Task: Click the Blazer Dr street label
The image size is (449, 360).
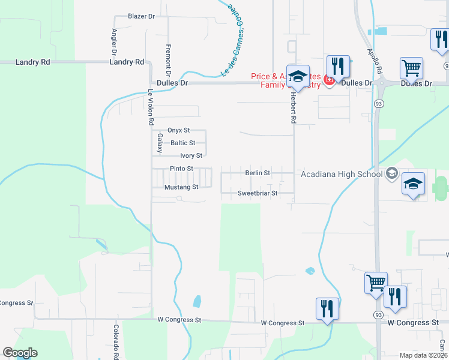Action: (142, 16)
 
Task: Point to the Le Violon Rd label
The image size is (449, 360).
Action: (151, 107)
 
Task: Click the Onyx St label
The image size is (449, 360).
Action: (178, 130)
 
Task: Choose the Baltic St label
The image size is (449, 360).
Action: (182, 143)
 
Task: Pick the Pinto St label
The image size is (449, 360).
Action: (181, 169)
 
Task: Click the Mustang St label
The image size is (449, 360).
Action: (181, 187)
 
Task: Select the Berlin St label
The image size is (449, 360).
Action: (258, 173)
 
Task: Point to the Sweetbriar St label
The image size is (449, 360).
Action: (258, 193)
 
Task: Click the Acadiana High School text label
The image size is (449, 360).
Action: (342, 175)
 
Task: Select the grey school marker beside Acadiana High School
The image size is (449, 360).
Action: (392, 174)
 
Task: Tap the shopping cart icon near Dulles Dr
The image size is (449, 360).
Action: (411, 68)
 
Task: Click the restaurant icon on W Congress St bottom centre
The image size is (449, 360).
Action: (327, 309)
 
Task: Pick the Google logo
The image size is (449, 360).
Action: (20, 353)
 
